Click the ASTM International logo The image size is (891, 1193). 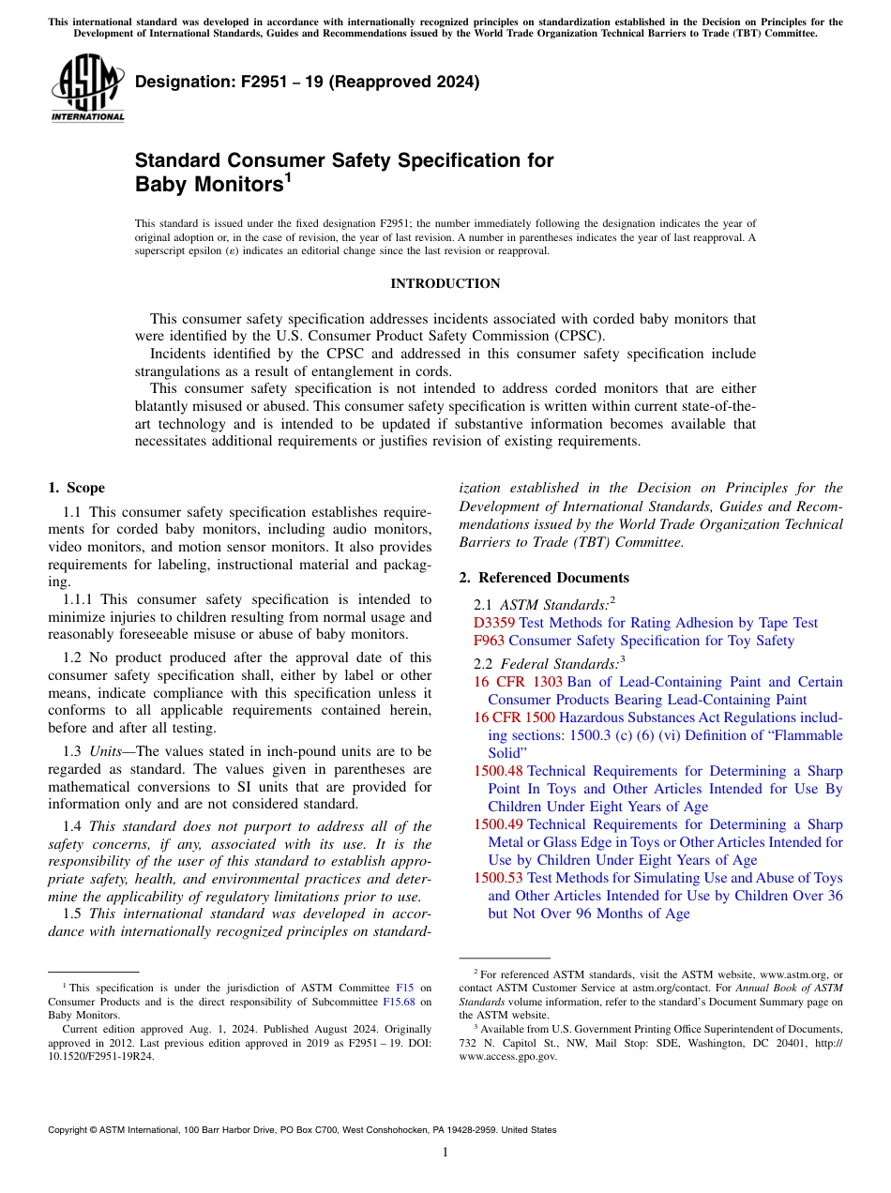(86, 89)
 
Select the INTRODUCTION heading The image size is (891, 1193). (445, 283)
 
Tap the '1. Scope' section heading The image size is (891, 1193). (76, 488)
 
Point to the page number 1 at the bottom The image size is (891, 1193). (445, 1153)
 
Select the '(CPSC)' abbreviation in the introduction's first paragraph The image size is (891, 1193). (581, 336)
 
